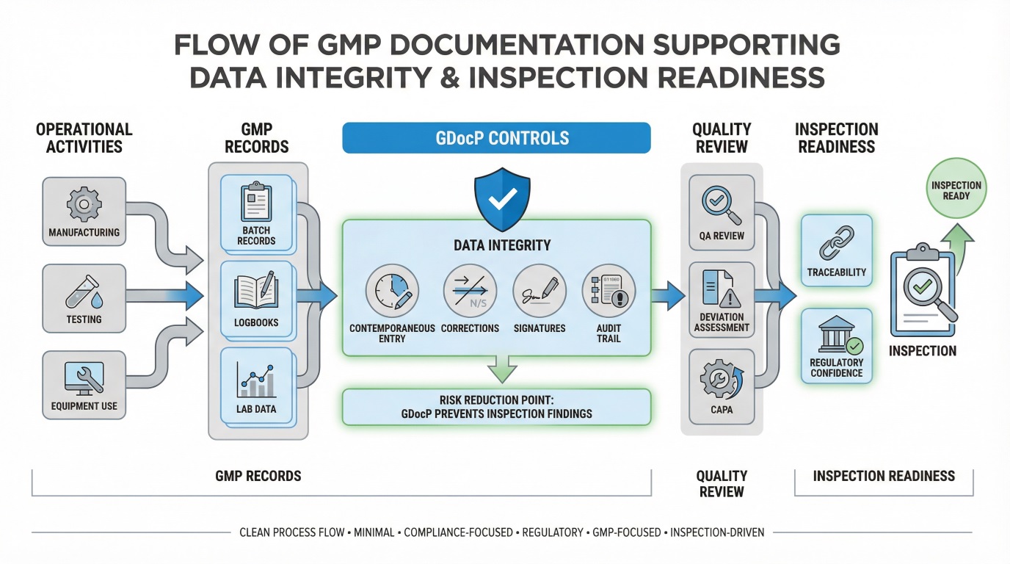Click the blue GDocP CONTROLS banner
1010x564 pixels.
[x=496, y=138]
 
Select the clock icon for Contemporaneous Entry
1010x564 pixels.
[x=391, y=291]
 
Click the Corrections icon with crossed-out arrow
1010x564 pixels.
[x=470, y=291]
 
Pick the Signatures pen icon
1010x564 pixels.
[x=539, y=291]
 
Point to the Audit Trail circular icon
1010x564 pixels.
[x=608, y=291]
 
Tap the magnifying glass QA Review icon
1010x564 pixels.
[x=721, y=203]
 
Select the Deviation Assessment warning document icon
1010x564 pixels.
[x=721, y=289]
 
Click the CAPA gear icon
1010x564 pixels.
[x=721, y=377]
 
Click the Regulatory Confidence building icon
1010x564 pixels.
[x=837, y=335]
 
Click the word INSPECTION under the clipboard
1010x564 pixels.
[x=923, y=351]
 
